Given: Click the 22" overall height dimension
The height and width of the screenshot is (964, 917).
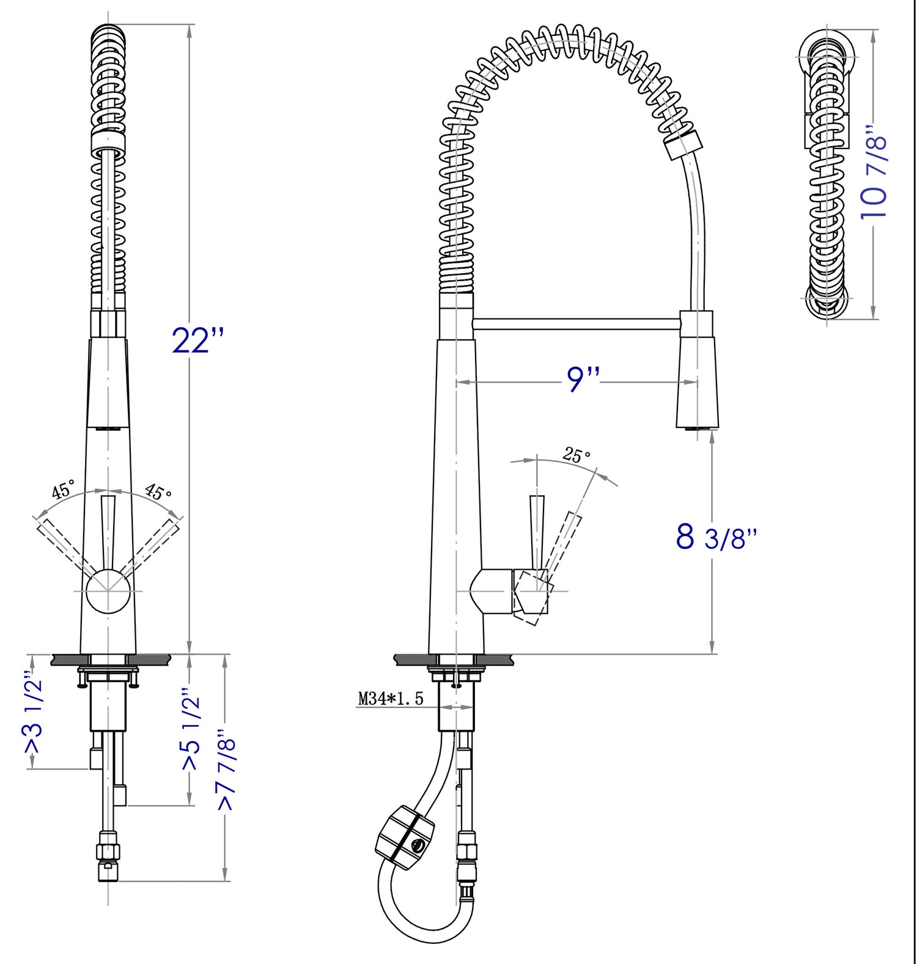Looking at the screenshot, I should click(x=197, y=340).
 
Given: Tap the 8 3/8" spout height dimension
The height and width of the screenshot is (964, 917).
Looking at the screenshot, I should click(x=716, y=537).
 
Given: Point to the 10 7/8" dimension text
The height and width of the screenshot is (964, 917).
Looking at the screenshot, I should click(x=873, y=173).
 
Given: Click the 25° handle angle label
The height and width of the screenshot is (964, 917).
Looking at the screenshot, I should click(x=576, y=455).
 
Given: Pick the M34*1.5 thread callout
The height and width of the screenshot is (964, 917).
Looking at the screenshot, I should click(x=390, y=699).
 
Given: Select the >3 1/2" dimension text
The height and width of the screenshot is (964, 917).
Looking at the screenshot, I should click(x=33, y=713).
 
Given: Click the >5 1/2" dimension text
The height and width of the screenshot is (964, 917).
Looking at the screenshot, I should click(x=191, y=730).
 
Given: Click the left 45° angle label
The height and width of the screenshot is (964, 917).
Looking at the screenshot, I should click(x=63, y=489).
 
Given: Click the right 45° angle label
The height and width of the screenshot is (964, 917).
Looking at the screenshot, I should click(x=158, y=491).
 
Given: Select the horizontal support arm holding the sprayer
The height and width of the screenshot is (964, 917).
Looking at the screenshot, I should click(x=575, y=323).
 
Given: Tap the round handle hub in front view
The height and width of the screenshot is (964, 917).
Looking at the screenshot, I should click(x=108, y=591).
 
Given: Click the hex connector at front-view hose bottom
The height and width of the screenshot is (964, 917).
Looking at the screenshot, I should click(x=108, y=851).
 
